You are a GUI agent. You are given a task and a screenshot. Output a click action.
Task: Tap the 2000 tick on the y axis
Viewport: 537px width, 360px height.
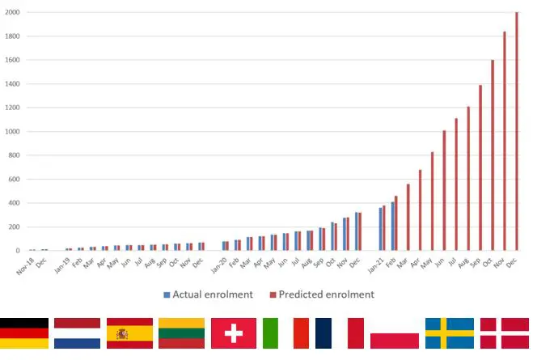[x=11, y=13]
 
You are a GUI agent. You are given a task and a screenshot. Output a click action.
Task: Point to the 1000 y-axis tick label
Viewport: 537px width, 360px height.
[x=11, y=132]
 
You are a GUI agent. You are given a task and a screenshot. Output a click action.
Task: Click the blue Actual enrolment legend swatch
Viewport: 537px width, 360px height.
[x=167, y=294]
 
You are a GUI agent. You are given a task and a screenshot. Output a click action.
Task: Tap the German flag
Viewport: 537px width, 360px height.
[x=24, y=333]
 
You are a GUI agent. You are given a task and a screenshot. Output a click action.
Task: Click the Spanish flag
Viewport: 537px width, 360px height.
[x=129, y=333]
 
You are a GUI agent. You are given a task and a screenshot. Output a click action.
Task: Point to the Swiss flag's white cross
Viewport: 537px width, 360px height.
[x=234, y=333]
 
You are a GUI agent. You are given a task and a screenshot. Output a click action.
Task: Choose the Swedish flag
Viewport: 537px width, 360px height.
[x=450, y=333]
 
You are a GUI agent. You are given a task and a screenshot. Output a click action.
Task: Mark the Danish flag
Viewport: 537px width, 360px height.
[x=503, y=333]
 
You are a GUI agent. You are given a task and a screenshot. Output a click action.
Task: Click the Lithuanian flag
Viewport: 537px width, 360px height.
[x=181, y=333]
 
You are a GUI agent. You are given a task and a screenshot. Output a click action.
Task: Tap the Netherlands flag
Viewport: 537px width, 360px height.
[x=77, y=333]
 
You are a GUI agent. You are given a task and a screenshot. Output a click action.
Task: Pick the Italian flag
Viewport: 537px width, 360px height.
[x=285, y=333]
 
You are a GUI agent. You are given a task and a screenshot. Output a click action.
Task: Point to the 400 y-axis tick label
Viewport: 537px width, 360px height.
[x=14, y=203]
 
